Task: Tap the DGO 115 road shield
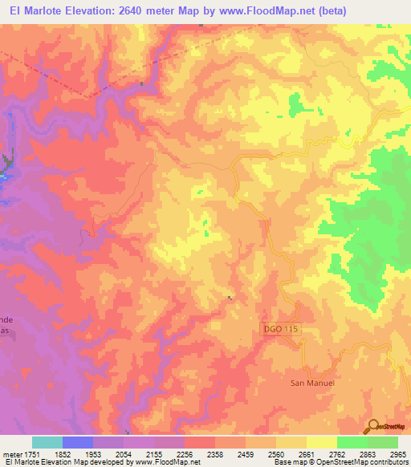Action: point(282,329)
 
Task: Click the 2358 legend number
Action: point(214,454)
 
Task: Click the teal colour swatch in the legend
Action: point(47,442)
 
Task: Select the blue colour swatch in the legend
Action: point(78,442)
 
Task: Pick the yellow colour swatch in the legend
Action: point(320,442)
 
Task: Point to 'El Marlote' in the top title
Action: point(31,10)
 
